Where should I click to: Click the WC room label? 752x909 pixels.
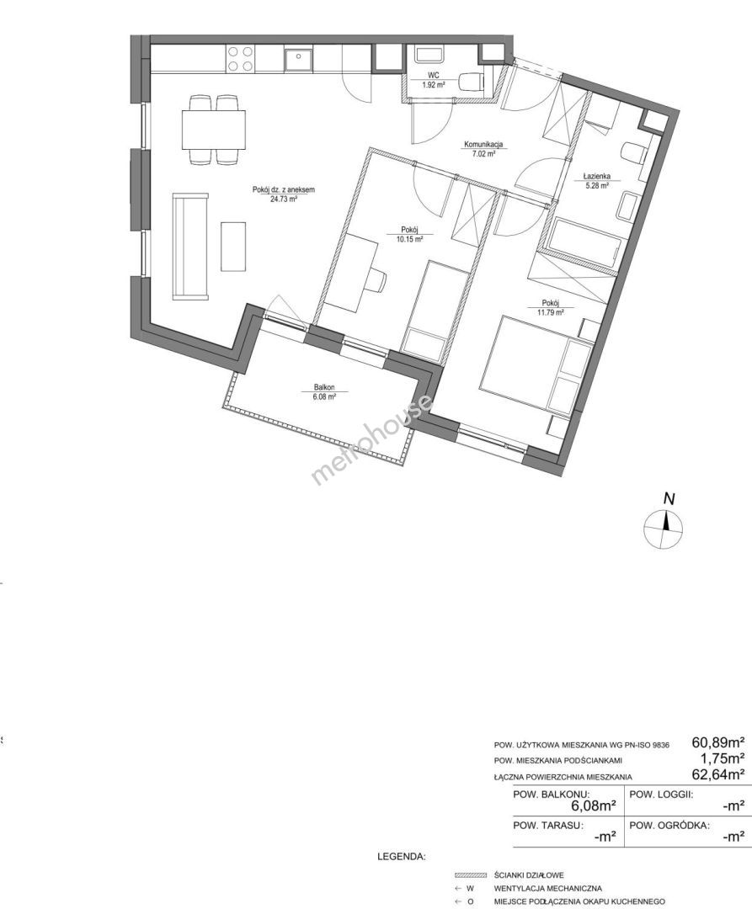coord(434,76)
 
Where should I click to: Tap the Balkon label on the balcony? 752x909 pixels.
coord(325,388)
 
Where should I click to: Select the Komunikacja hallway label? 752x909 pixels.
coord(483,145)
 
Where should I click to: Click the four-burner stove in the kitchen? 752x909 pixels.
coord(240,59)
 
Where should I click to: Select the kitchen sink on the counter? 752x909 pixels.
coord(299,59)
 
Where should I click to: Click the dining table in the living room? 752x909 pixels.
coord(214,130)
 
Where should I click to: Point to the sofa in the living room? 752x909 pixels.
coord(190,247)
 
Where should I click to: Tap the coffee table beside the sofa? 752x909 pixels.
coord(233,246)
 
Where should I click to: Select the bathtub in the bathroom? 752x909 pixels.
coord(585,243)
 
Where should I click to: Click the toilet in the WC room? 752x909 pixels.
coord(472,82)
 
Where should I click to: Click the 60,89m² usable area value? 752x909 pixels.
coord(717,742)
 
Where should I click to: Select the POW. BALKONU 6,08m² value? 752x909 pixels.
coord(593,805)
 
